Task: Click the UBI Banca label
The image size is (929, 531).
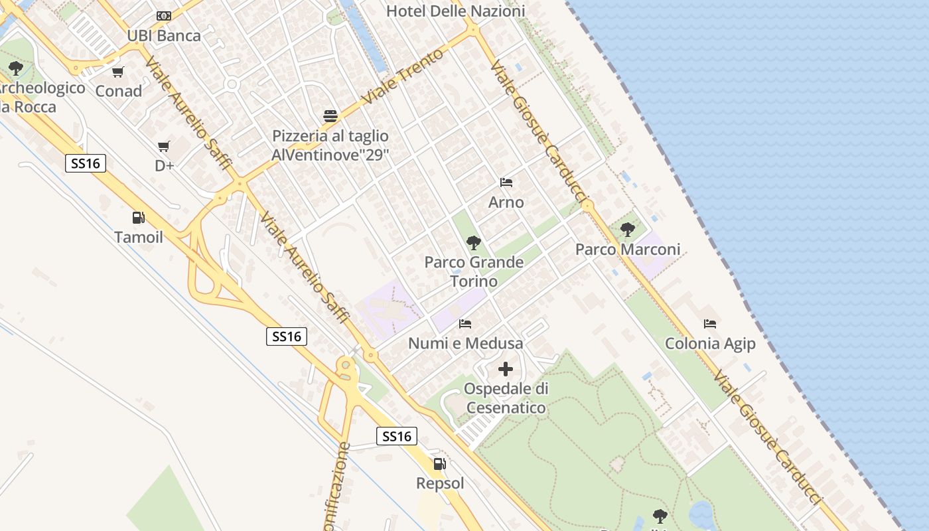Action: (x=163, y=36)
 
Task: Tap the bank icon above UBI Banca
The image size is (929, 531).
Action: (x=163, y=16)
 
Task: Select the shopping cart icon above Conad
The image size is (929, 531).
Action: (x=118, y=72)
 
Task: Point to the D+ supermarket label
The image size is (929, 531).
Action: (x=164, y=166)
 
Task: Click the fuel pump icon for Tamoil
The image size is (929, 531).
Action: (x=138, y=218)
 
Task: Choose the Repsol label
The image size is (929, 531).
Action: (x=440, y=483)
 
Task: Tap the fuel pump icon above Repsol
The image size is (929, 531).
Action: (x=439, y=464)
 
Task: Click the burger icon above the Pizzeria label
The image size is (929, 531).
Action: (x=330, y=116)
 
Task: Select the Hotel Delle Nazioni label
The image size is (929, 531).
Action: (x=455, y=11)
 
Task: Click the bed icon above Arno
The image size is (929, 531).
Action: (x=506, y=183)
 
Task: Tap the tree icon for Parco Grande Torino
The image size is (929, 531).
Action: (x=473, y=242)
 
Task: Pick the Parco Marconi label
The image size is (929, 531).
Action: (x=628, y=250)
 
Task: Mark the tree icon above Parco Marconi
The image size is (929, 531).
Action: (x=627, y=230)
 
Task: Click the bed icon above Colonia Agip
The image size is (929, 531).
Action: (x=710, y=324)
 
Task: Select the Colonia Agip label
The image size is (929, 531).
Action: (x=710, y=343)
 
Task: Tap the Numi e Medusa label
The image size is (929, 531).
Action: (x=465, y=343)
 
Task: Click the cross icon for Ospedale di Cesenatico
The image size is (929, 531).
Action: (x=506, y=369)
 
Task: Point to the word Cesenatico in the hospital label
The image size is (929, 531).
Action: (x=506, y=408)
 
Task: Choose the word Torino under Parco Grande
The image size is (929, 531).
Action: (x=474, y=281)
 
